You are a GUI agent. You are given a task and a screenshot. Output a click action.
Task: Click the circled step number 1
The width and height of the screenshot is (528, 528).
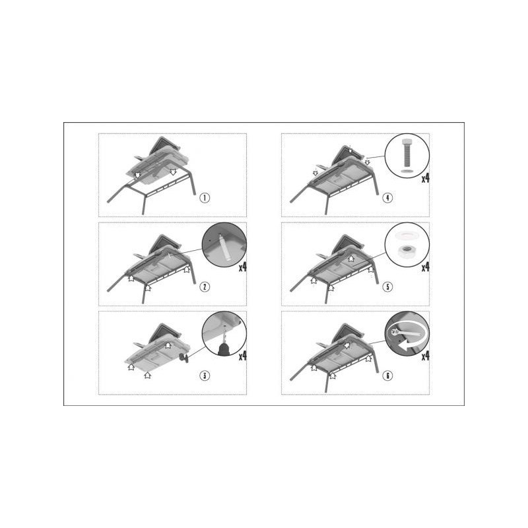click(x=205, y=197)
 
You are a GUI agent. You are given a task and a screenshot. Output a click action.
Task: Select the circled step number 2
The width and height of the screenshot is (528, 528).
click(x=205, y=286)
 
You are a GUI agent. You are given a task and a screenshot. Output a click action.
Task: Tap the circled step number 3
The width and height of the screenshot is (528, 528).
click(x=205, y=376)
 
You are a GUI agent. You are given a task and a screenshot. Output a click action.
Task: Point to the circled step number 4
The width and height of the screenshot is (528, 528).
click(x=387, y=197)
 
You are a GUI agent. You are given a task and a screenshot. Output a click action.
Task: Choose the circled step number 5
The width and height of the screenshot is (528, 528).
click(x=387, y=286)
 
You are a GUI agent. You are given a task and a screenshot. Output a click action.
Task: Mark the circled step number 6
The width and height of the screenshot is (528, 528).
click(x=387, y=376)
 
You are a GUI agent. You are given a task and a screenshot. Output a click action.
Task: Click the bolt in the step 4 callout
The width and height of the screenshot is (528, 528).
click(x=407, y=152)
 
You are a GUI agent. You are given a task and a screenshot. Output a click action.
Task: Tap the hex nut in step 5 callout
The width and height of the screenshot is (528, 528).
click(x=407, y=251)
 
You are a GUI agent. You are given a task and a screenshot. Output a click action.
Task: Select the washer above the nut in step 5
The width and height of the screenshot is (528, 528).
click(x=407, y=235)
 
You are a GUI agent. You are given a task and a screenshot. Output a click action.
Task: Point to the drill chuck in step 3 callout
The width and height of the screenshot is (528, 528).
click(x=224, y=349)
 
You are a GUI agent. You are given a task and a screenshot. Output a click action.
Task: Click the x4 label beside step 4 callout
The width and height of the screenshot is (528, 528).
click(x=426, y=178)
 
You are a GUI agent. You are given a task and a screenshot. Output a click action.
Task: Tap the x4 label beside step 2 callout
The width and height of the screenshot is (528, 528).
click(x=243, y=267)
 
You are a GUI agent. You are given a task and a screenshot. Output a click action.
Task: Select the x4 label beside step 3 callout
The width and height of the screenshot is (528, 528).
click(x=243, y=356)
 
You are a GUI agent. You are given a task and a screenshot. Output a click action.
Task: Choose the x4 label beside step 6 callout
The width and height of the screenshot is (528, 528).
click(x=426, y=356)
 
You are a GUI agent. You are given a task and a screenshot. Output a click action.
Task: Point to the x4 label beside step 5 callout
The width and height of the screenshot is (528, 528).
click(x=426, y=267)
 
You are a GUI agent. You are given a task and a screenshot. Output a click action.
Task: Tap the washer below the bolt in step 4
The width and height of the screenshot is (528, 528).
click(x=407, y=172)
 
